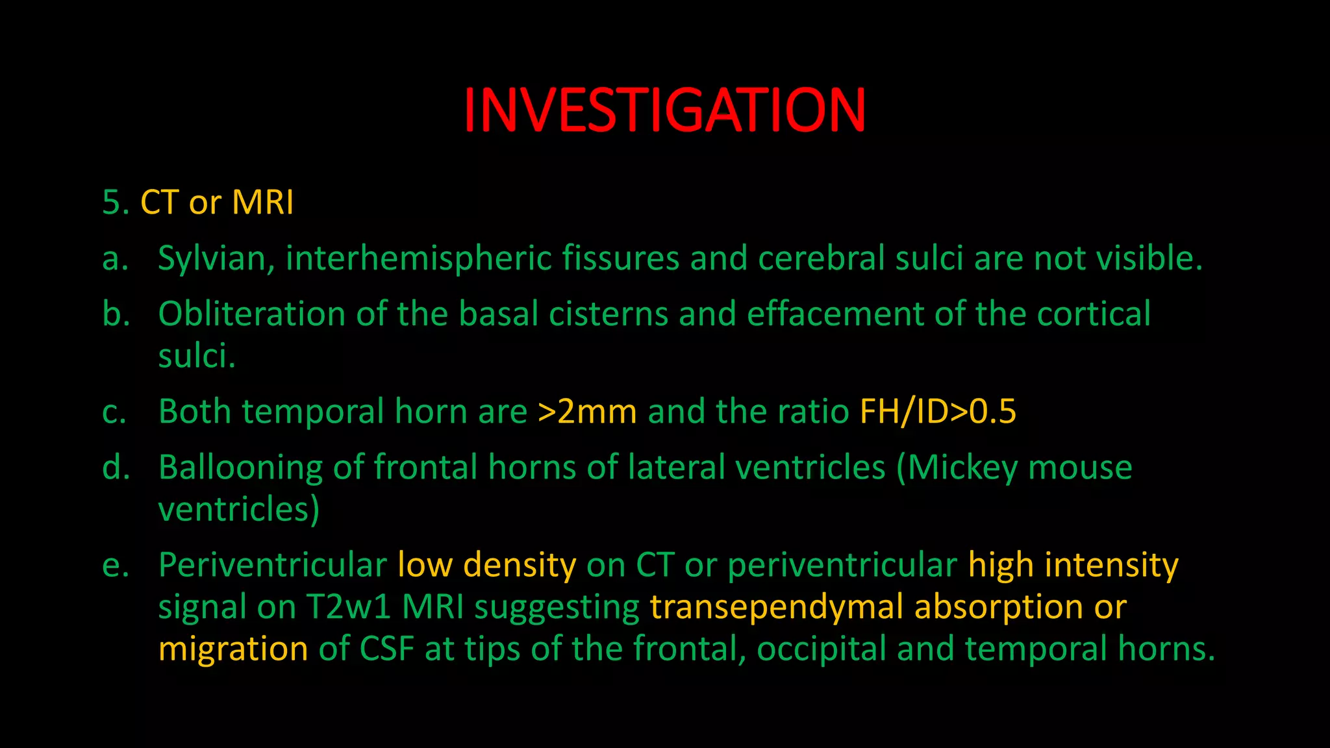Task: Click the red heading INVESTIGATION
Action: pos(664,110)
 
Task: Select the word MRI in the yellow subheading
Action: pos(262,203)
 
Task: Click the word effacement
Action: pos(835,314)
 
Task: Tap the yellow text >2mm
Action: pos(587,412)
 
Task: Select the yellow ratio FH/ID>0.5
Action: pos(938,412)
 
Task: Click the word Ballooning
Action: pos(240,467)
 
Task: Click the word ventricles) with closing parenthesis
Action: pos(238,510)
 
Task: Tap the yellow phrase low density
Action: pos(486,565)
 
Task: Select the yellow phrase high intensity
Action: pos(1073,565)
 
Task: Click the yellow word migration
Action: pos(233,649)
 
